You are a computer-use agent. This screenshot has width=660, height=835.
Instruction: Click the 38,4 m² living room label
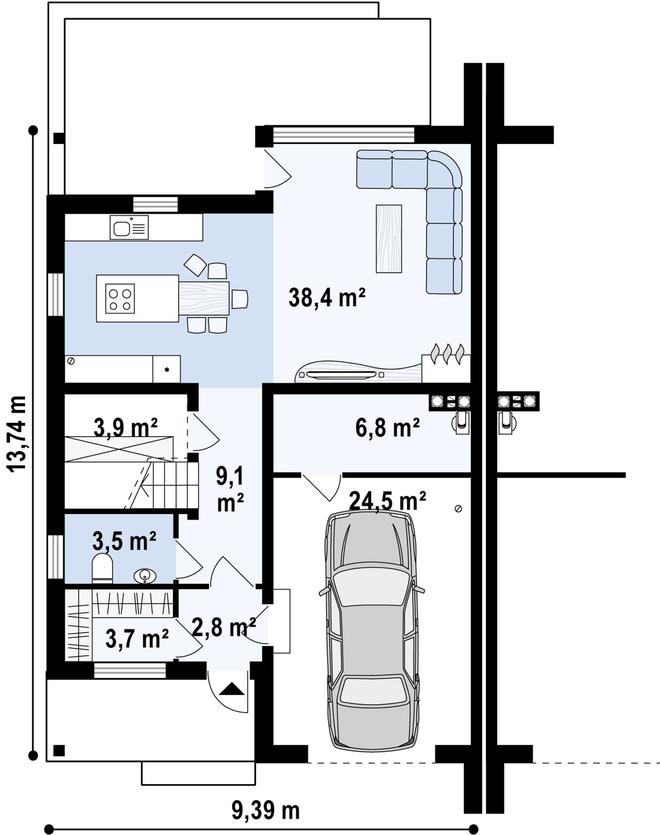[x=327, y=297]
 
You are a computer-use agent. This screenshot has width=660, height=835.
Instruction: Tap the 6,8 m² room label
[x=387, y=427]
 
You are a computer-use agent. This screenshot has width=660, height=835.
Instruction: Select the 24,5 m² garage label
[x=387, y=500]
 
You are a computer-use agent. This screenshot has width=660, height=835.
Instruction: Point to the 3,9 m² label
[x=125, y=427]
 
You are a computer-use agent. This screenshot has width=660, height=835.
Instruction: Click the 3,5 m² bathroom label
[x=124, y=541]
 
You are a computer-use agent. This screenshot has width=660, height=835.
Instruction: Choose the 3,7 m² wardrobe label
[x=137, y=638]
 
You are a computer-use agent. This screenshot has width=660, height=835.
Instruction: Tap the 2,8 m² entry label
[x=224, y=627]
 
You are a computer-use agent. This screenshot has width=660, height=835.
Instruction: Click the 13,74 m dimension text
[x=17, y=433]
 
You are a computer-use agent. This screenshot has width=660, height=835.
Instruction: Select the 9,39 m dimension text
[x=265, y=811]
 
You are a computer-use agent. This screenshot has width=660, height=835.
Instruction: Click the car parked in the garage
[x=372, y=631]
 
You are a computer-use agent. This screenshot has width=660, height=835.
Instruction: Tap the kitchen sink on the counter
[x=129, y=227]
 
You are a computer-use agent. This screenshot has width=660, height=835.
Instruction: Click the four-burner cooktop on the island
[x=120, y=298]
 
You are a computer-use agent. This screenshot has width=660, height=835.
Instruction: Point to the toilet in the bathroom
[x=102, y=567]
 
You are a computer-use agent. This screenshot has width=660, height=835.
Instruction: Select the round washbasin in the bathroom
[x=145, y=575]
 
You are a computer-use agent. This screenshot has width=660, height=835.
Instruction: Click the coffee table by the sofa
[x=389, y=238]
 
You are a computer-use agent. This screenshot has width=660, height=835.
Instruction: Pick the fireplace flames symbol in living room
[x=447, y=353]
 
